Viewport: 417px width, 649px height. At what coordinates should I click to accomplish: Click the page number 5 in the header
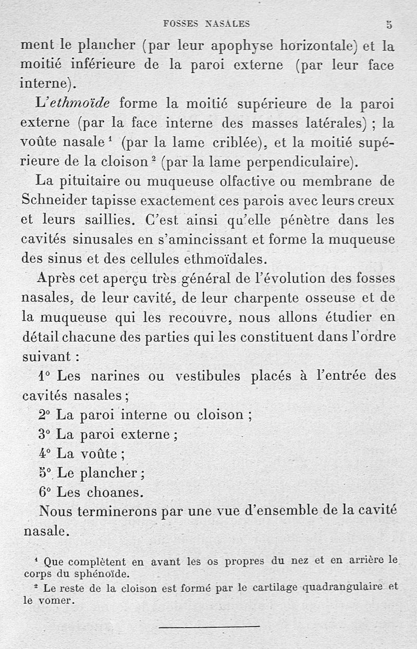point(389,24)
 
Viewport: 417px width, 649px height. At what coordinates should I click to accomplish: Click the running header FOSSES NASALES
point(206,23)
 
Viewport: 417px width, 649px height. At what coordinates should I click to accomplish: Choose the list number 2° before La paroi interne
point(44,415)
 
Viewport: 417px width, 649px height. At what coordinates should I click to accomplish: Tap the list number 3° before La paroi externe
point(44,434)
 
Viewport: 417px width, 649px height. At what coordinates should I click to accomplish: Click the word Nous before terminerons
point(56,512)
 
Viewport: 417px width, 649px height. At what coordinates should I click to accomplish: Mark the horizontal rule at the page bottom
point(208,626)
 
